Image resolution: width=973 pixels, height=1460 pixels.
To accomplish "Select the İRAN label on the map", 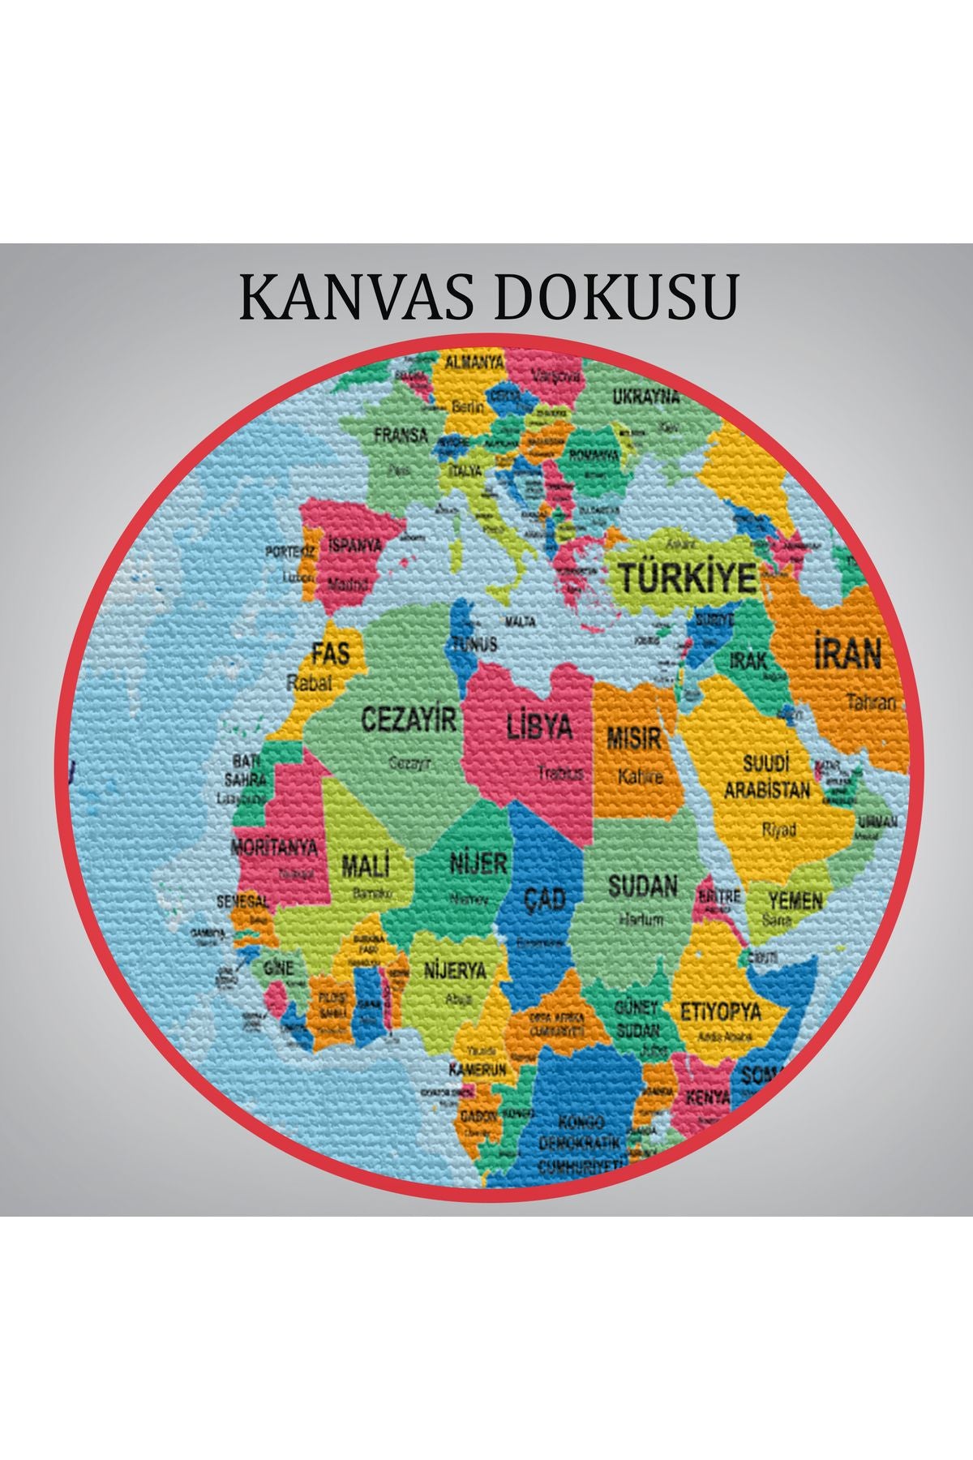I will pyautogui.click(x=847, y=653).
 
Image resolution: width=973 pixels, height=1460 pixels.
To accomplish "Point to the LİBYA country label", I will pyautogui.click(x=539, y=726).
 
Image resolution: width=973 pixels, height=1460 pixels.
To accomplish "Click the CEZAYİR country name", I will pyautogui.click(x=409, y=719).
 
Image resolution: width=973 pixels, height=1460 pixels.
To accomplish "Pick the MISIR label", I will pyautogui.click(x=634, y=739).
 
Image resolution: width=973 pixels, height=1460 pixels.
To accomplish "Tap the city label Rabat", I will pyautogui.click(x=310, y=683).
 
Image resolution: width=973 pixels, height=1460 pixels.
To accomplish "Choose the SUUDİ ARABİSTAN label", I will pyautogui.click(x=766, y=777).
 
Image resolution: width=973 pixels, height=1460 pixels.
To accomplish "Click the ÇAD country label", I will pyautogui.click(x=543, y=898).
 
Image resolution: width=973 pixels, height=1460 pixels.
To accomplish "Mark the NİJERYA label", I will pyautogui.click(x=456, y=971).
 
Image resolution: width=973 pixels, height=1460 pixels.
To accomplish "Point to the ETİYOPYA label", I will pyautogui.click(x=720, y=1011).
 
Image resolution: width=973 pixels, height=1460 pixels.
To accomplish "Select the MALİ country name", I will pyautogui.click(x=366, y=865).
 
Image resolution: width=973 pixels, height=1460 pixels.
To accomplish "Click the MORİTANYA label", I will pyautogui.click(x=274, y=848).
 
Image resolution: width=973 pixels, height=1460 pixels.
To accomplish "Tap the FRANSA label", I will pyautogui.click(x=401, y=436).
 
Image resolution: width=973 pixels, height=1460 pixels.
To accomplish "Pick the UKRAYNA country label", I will pyautogui.click(x=645, y=397).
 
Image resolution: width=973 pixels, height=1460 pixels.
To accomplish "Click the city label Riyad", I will pyautogui.click(x=778, y=830).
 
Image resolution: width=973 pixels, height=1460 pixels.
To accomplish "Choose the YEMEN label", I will pyautogui.click(x=795, y=900).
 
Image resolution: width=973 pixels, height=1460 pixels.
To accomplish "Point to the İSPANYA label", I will pyautogui.click(x=354, y=545).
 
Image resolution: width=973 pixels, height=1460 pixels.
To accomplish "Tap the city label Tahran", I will pyautogui.click(x=872, y=702).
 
